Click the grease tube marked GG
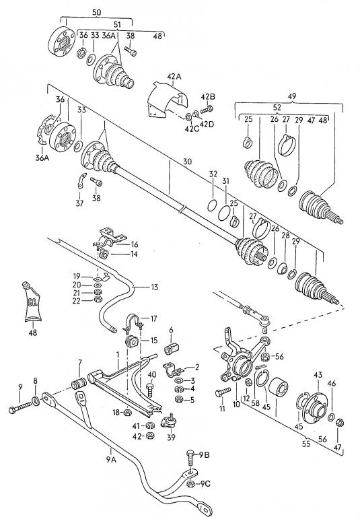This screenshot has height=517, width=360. point(33,302)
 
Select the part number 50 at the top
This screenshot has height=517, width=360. point(96,13)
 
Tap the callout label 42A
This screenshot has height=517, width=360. point(174,77)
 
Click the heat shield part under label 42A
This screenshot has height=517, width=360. point(166,100)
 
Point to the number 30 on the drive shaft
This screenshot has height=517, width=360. point(187,162)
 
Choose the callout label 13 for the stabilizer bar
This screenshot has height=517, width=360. point(154,287)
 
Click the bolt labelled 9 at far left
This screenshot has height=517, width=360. point(20,407)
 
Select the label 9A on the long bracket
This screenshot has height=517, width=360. point(111,459)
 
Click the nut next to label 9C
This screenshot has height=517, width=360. point(190,484)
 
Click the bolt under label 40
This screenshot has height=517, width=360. point(150,390)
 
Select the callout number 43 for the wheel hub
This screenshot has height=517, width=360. point(318,375)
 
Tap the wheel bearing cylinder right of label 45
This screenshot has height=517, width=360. point(278,388)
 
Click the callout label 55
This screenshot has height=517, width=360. point(306,444)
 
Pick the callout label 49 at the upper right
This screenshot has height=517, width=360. point(292,96)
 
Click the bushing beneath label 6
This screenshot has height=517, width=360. point(172,348)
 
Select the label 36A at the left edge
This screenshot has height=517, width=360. point(42,158)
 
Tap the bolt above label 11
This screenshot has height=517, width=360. point(223,392)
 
